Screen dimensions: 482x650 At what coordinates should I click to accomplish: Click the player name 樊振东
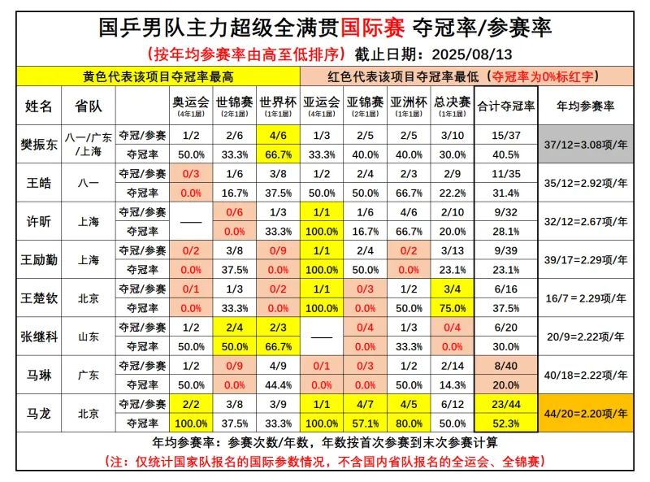click(37, 145)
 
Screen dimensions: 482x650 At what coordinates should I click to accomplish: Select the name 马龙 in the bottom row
click(37, 414)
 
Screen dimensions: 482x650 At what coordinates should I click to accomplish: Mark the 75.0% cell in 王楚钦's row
click(453, 308)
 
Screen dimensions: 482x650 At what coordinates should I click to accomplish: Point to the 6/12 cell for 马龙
click(453, 404)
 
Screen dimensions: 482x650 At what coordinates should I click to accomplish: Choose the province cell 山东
click(87, 337)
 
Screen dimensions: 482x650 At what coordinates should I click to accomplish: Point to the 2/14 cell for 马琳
click(453, 366)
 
